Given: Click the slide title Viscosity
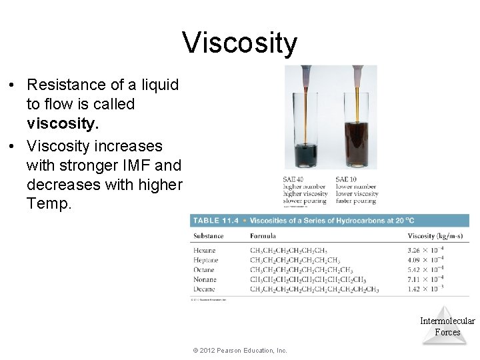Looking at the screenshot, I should [240, 43].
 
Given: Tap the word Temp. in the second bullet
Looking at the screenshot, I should [48, 204].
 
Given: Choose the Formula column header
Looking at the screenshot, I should [263, 236].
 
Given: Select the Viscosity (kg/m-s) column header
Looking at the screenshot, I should [437, 236].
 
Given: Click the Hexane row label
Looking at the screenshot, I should [205, 251].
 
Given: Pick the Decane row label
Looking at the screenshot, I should [205, 289].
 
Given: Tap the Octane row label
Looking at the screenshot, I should [205, 270].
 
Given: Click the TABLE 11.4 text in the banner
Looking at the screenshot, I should [215, 221].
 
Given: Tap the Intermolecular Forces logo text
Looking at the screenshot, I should [447, 327].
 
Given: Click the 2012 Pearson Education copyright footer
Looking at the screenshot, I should [239, 351].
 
